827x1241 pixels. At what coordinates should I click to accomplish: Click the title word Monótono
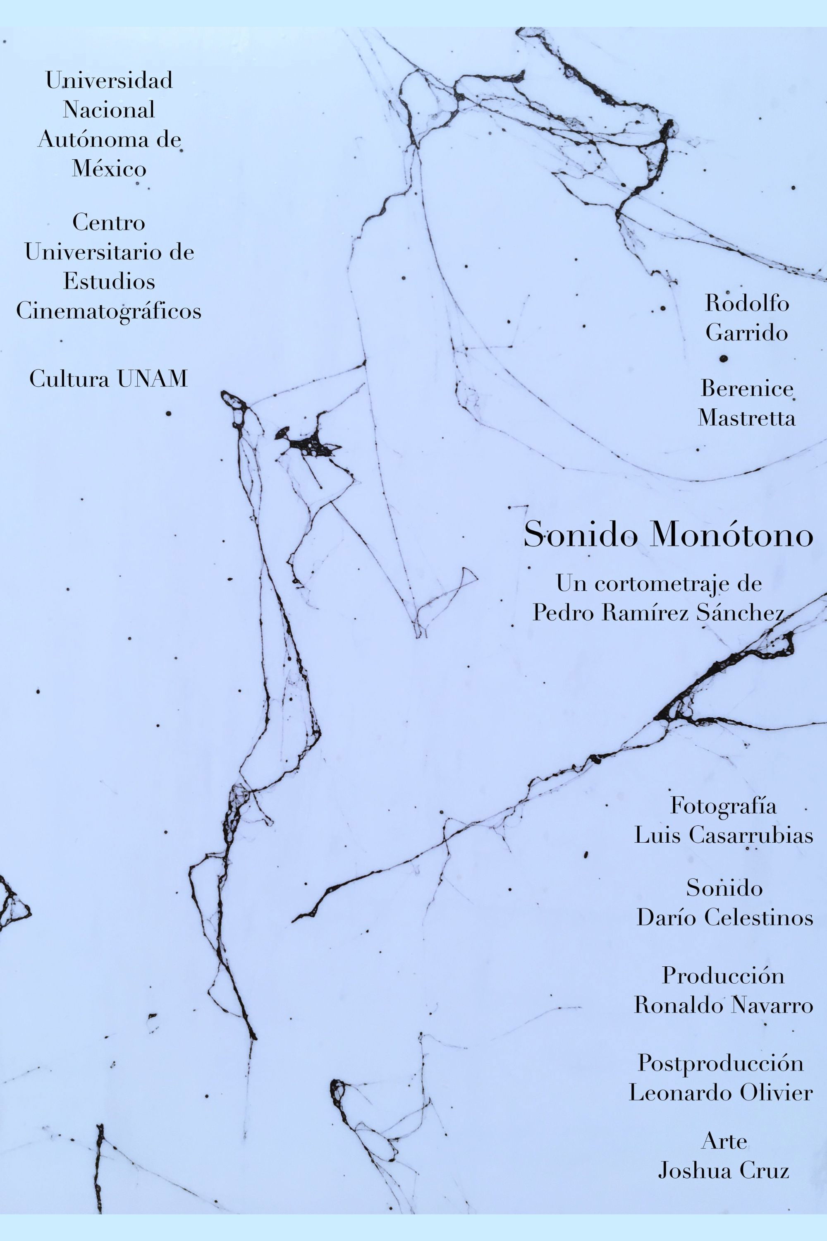(x=733, y=536)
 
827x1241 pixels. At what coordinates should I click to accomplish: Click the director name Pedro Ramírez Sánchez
(x=659, y=613)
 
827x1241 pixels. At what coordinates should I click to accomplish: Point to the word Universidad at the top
(x=109, y=81)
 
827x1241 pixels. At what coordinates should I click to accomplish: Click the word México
(x=109, y=169)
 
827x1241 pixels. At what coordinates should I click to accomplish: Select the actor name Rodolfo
(x=747, y=304)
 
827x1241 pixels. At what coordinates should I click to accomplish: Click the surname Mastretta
(x=747, y=418)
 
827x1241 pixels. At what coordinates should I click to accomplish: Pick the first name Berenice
(x=747, y=389)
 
